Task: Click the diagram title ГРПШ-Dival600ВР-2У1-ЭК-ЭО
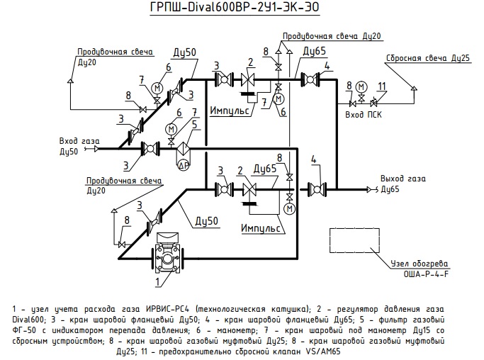click(235, 7)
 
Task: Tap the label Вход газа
click(79, 141)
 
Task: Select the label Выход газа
click(403, 179)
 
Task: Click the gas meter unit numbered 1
click(168, 253)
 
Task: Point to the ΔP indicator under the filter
click(184, 166)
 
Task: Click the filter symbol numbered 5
click(184, 149)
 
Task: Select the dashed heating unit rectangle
click(354, 240)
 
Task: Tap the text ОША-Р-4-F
click(426, 274)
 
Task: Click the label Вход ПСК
click(364, 115)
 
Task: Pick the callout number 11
click(382, 86)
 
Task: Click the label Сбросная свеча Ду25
click(428, 58)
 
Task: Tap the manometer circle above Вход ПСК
click(361, 86)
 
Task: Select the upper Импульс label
click(230, 111)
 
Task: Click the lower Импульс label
click(261, 228)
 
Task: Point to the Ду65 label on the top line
click(314, 51)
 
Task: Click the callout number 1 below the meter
click(158, 281)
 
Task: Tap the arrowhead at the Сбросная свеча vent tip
click(414, 88)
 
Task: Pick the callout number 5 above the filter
click(194, 125)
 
